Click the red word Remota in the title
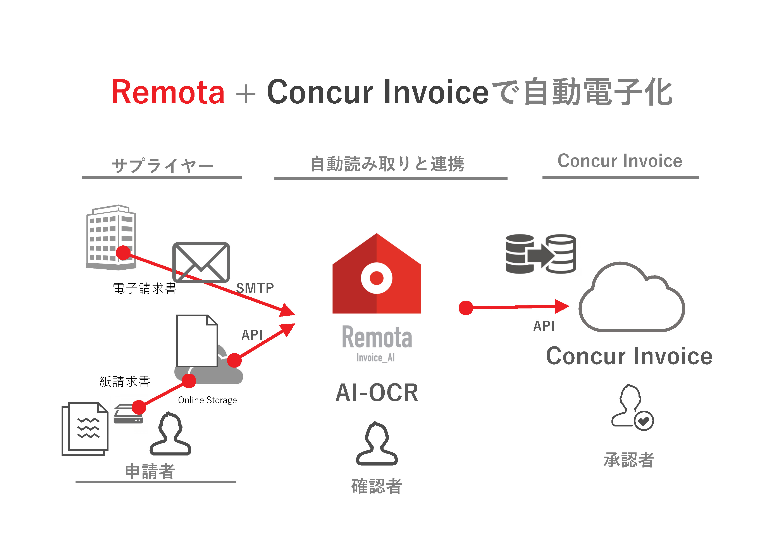pos(168,92)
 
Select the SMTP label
pos(255,288)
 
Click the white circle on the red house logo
pos(376,278)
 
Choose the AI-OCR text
pos(377,393)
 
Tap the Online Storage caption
pos(207,400)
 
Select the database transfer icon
pos(541,254)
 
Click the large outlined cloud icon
pos(632,298)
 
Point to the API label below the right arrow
pos(544,326)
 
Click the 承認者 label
pos(629,460)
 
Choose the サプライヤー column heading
pos(162,165)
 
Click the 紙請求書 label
pos(125,381)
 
